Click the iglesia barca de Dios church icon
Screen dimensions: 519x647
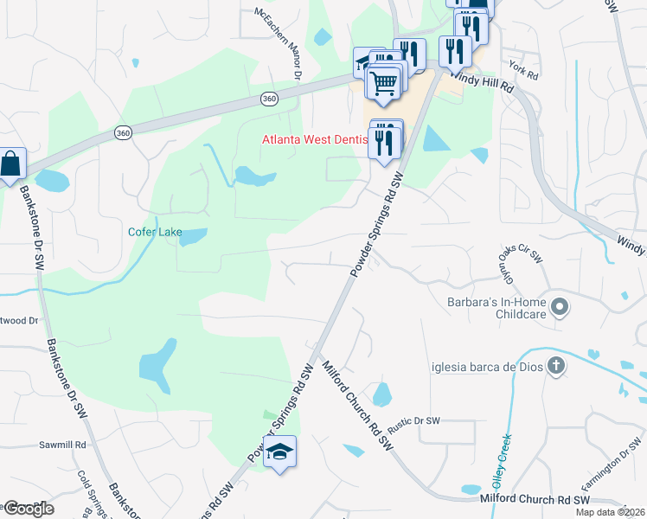tap(556, 366)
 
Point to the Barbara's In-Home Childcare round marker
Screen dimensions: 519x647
tap(560, 306)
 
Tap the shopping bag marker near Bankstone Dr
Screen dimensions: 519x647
tap(10, 163)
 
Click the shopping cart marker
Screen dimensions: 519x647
tap(384, 84)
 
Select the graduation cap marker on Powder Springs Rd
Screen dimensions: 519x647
tap(279, 452)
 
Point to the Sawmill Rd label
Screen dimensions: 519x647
tap(62, 445)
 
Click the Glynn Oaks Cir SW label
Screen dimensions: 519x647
tap(521, 254)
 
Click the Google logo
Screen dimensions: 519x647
tap(29, 509)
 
